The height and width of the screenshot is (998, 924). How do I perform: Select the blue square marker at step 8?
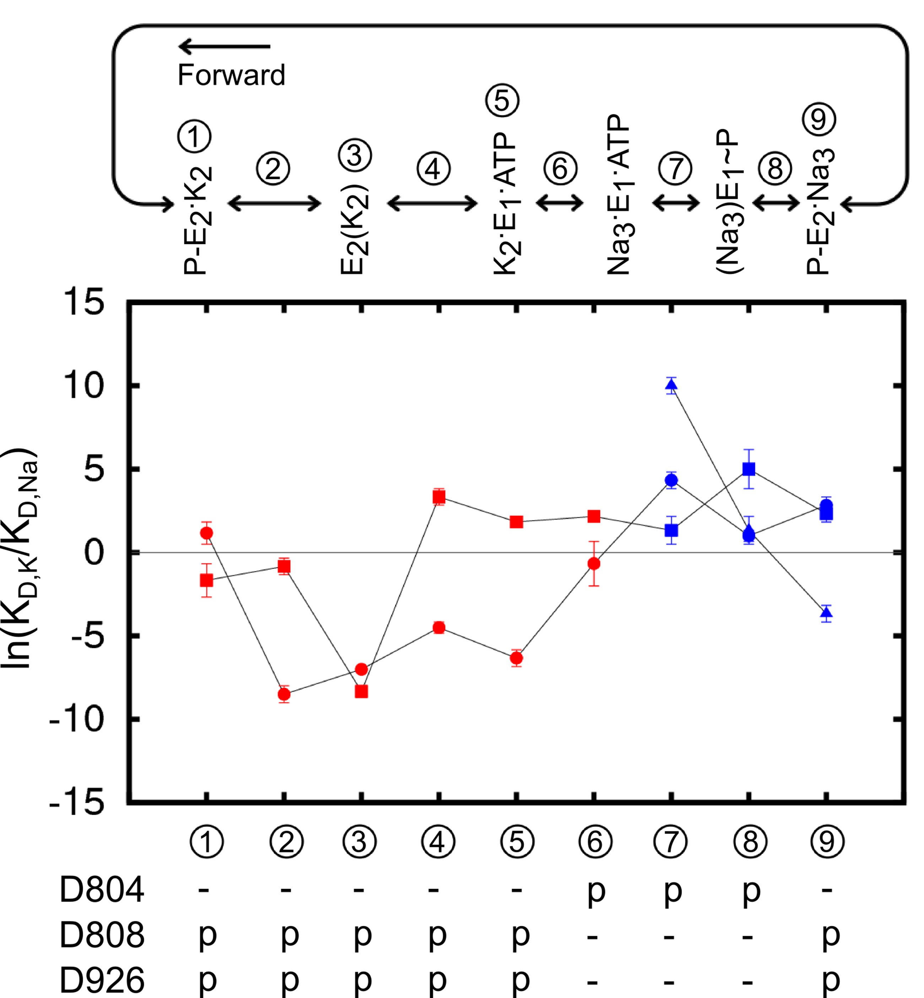[749, 469]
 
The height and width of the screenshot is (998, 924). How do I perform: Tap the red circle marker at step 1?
[206, 533]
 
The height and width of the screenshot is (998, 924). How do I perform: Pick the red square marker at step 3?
[361, 692]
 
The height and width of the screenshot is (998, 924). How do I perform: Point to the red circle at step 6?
[594, 564]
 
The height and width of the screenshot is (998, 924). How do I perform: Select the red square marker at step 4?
[438, 497]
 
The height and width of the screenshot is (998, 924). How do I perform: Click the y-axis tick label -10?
[77, 720]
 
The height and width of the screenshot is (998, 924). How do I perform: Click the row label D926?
[102, 981]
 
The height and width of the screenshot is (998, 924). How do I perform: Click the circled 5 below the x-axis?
[517, 842]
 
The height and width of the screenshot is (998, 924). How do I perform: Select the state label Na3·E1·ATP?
[619, 195]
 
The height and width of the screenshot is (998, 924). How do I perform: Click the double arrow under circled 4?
[432, 203]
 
